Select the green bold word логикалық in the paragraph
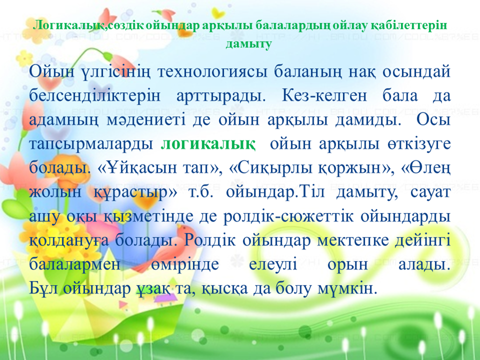(208, 144)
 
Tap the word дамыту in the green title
(248, 44)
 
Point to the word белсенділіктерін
(95, 96)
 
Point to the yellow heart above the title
(218, 12)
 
